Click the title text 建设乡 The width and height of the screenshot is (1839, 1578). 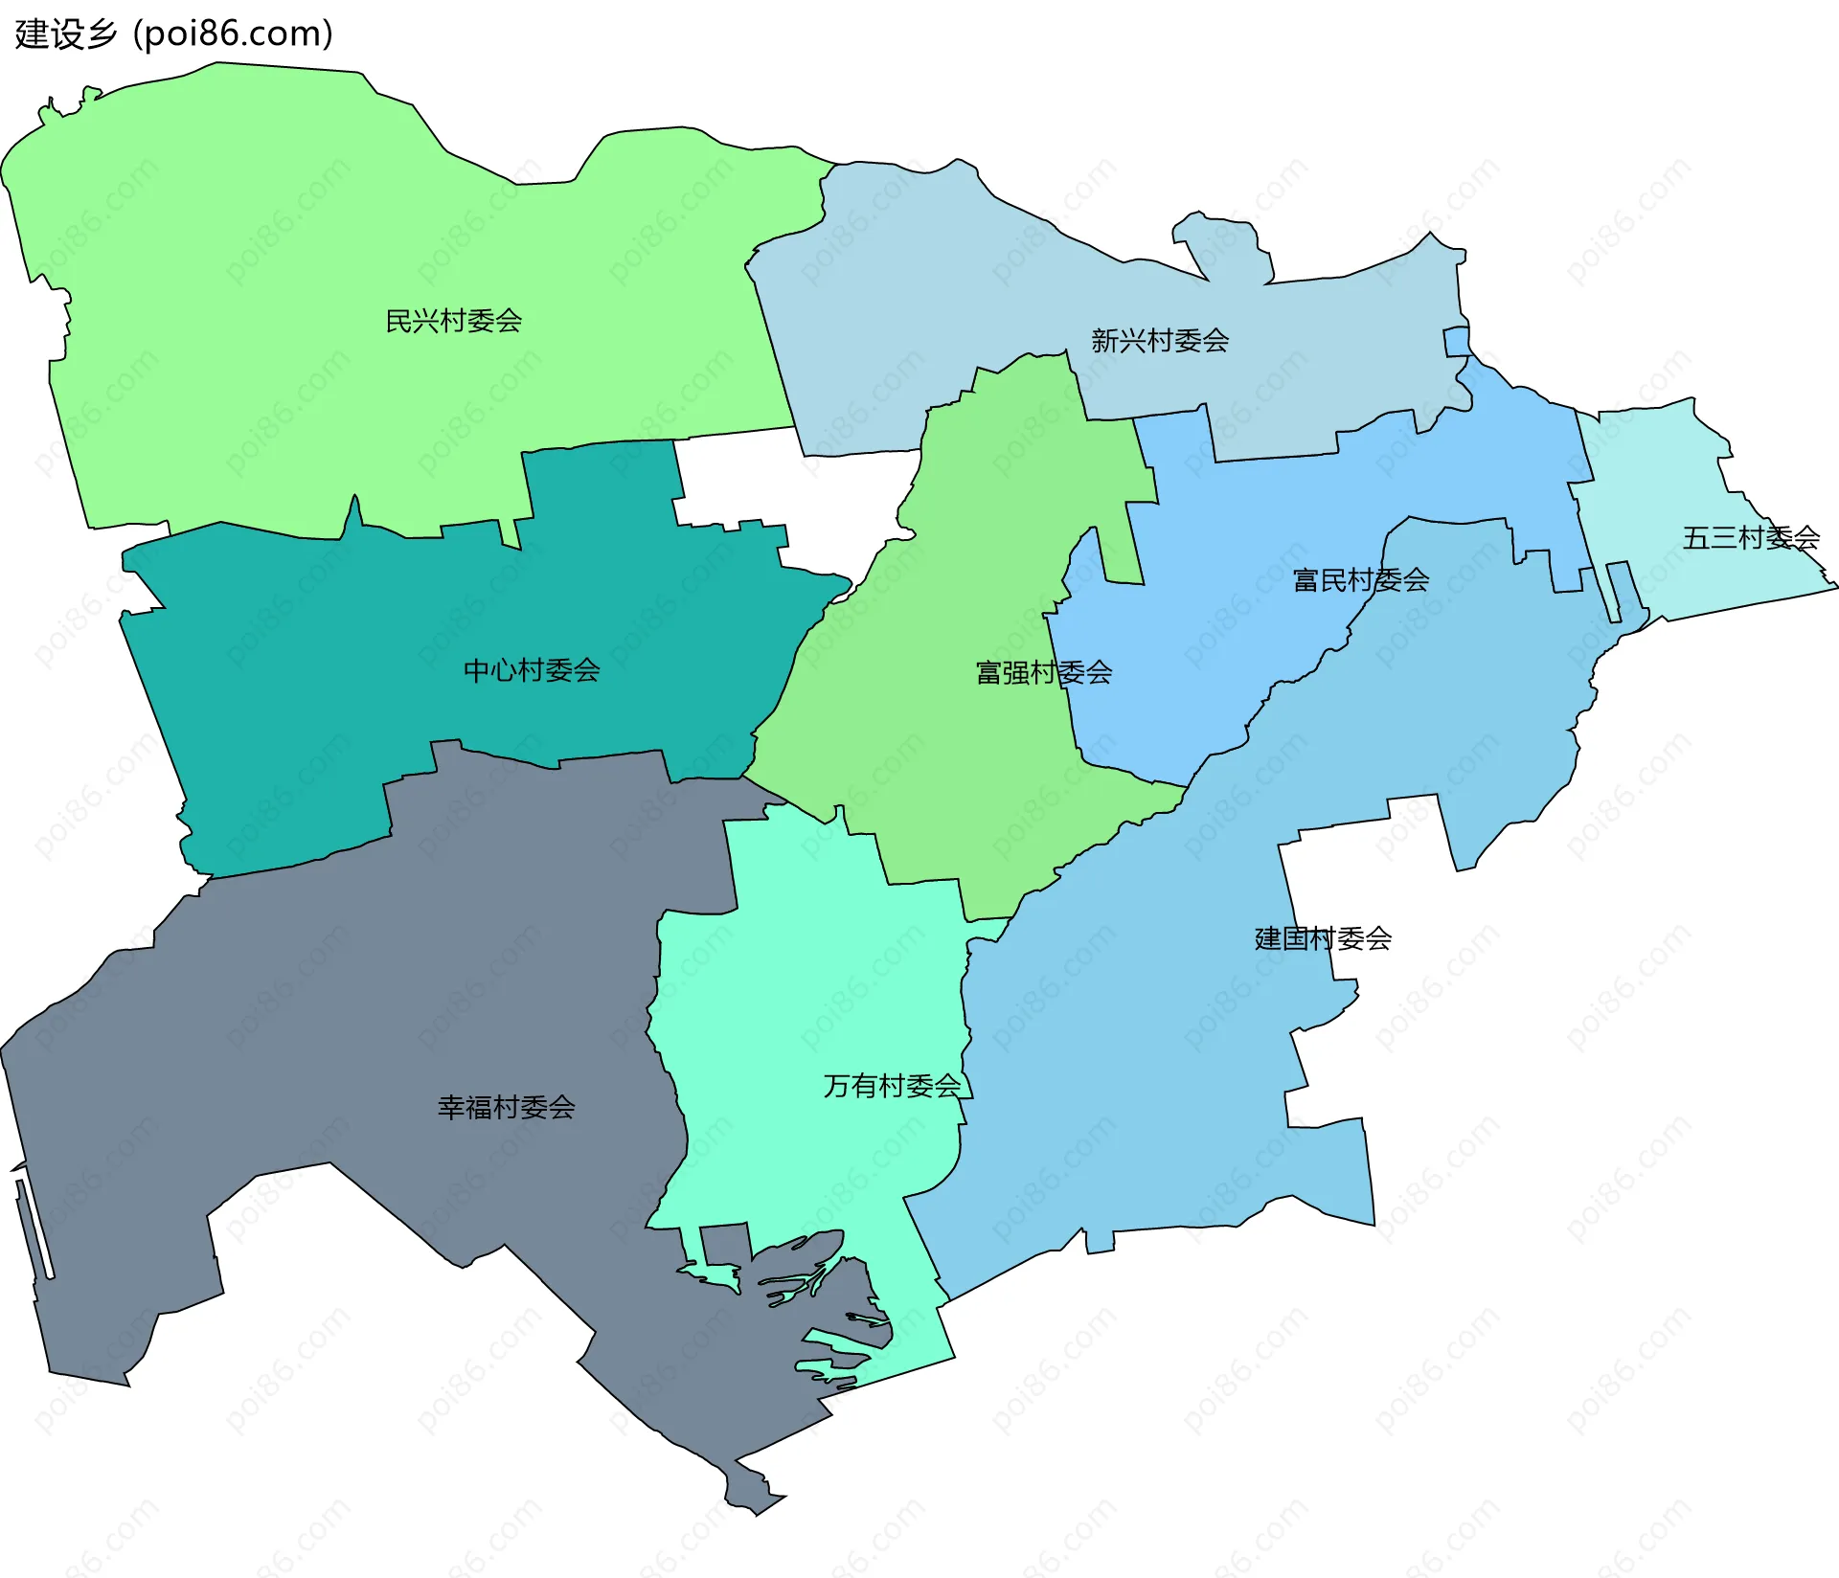[65, 34]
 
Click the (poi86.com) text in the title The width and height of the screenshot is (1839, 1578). [233, 34]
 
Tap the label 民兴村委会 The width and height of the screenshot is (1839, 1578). [453, 321]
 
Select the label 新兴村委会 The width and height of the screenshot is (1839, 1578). [1160, 340]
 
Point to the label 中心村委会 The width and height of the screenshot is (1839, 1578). [532, 670]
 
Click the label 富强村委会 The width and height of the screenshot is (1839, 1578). [1043, 672]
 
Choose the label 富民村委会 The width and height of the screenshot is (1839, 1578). [1360, 579]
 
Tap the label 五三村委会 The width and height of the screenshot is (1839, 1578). [1750, 537]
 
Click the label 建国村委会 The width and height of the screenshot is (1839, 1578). [1323, 937]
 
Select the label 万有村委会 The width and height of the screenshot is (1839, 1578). [892, 1085]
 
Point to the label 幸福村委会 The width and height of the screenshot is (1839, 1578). [506, 1107]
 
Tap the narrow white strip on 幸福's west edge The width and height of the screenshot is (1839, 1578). [34, 1229]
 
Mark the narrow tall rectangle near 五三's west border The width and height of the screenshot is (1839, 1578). [1620, 590]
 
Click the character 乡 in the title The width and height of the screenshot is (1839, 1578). [100, 34]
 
